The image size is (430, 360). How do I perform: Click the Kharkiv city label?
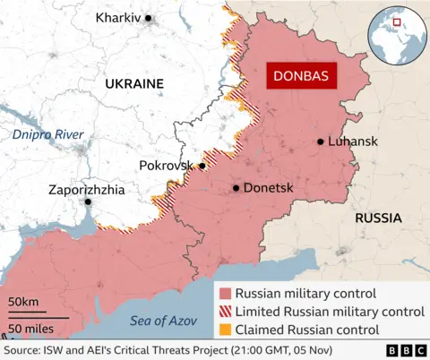coord(116,18)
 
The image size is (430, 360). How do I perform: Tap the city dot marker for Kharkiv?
coord(149,18)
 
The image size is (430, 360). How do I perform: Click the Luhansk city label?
coord(353,141)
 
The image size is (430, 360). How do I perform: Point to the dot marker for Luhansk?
coord(320,141)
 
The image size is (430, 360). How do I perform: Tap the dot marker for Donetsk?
coord(236,188)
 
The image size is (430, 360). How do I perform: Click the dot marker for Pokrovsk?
coord(202,166)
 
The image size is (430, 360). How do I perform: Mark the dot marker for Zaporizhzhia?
coord(88,202)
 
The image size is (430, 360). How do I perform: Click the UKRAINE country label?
coord(133,83)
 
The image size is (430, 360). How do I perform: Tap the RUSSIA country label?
coord(378,218)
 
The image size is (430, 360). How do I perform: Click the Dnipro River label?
coord(47,134)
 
